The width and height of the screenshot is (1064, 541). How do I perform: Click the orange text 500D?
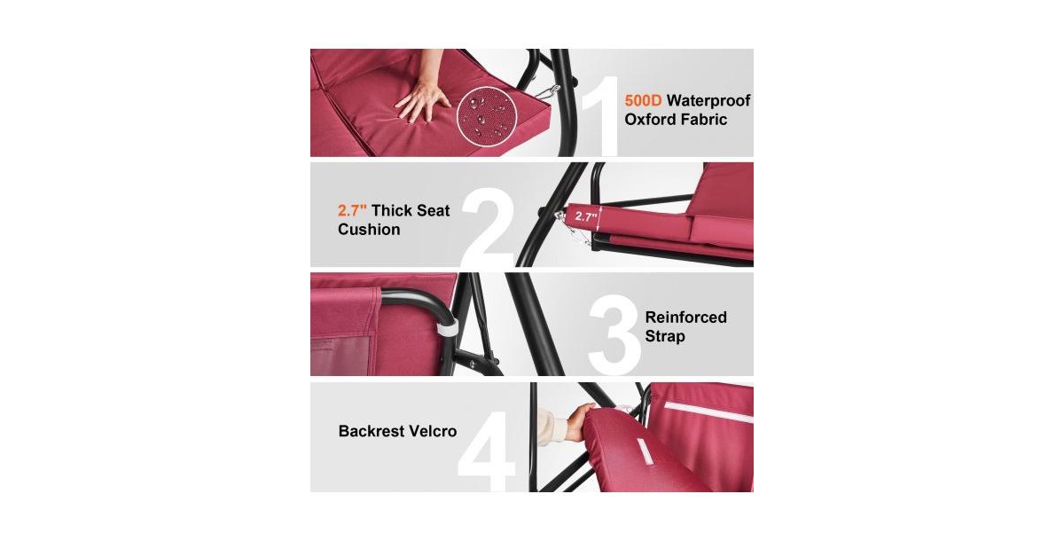pos(644,100)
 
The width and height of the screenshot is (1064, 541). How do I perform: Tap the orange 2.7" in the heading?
pos(352,210)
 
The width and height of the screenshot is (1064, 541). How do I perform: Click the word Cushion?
pos(369,230)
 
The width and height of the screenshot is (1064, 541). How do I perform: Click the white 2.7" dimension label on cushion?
pos(583,216)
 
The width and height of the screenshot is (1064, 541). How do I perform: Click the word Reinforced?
pos(685,317)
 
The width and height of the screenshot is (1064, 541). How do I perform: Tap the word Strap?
pos(665,337)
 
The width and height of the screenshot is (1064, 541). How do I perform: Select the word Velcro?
pos(433,431)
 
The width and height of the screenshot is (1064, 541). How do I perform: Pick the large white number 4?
pos(487,439)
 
